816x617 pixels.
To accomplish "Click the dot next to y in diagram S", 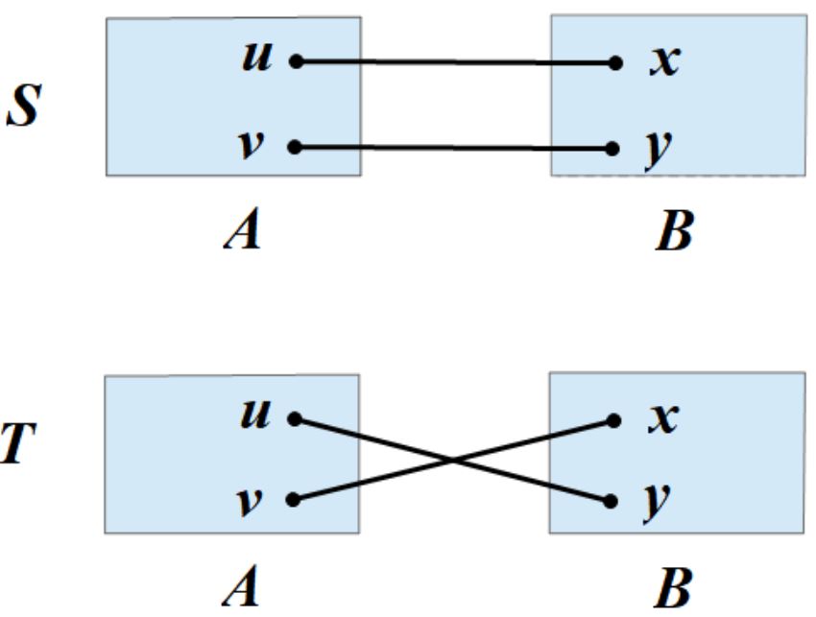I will click(612, 149).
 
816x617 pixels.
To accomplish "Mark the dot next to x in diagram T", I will click(612, 419).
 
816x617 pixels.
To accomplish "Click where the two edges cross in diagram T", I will click(453, 460).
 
